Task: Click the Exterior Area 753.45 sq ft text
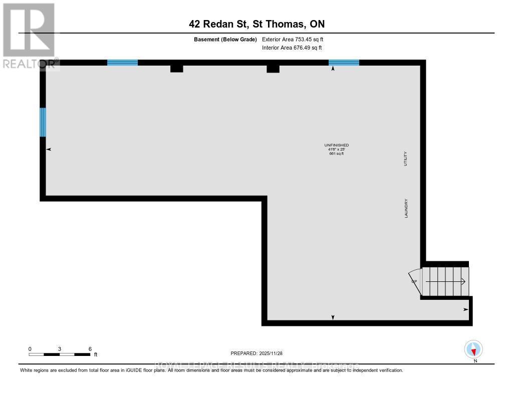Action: tap(292, 39)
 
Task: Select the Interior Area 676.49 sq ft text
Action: tap(292, 48)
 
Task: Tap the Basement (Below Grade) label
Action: tap(225, 39)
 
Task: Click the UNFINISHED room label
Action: tap(336, 145)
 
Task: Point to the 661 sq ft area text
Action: tap(336, 154)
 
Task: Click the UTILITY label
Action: tap(406, 159)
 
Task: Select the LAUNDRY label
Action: tap(406, 208)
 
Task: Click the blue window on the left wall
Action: tap(43, 122)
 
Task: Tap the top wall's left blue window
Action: tap(122, 63)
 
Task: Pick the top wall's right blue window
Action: tap(344, 63)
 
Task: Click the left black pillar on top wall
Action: tap(176, 68)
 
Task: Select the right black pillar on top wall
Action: tap(273, 69)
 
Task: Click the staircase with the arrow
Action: tap(445, 281)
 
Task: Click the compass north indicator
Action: tap(473, 349)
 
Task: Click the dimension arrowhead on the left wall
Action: tap(49, 149)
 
